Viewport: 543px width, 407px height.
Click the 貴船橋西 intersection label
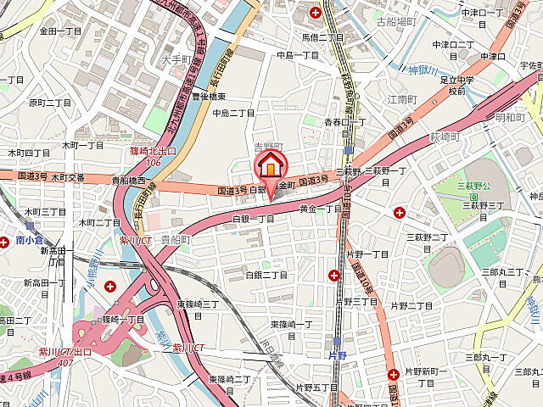(132, 180)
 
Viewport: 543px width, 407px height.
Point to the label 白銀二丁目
(266, 275)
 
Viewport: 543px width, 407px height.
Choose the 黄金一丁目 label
(321, 208)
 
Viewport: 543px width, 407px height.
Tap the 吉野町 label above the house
(267, 146)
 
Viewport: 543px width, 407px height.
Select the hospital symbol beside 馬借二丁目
(316, 12)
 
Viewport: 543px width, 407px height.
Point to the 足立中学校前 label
(457, 84)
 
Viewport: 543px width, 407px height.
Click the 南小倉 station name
(33, 241)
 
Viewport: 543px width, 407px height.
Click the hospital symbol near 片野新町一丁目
(394, 374)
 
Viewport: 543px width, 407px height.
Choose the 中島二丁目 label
(233, 112)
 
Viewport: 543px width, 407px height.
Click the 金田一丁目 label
(60, 31)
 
